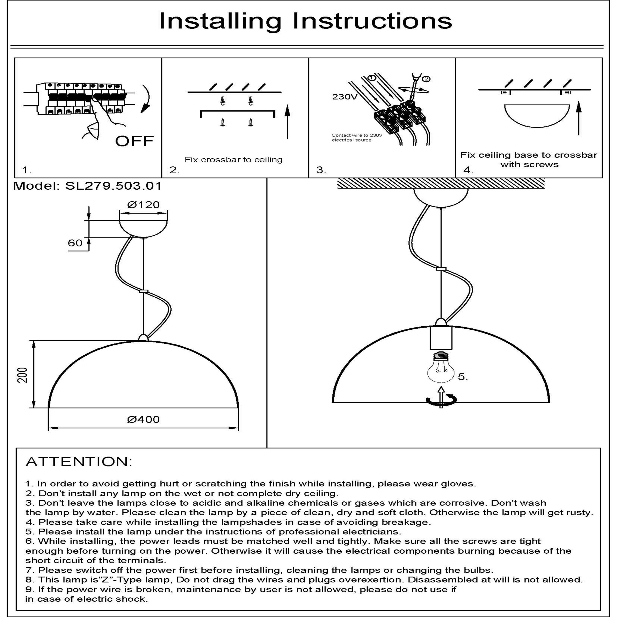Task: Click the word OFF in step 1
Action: pyautogui.click(x=135, y=141)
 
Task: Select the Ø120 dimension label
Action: pyautogui.click(x=143, y=204)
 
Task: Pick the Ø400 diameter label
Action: pyautogui.click(x=143, y=419)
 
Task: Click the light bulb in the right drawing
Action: pyautogui.click(x=441, y=369)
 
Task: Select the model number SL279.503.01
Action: pyautogui.click(x=113, y=186)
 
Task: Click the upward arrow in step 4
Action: pyautogui.click(x=579, y=118)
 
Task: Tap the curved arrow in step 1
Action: pyautogui.click(x=147, y=99)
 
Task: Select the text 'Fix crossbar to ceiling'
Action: pyautogui.click(x=233, y=160)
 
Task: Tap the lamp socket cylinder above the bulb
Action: pyautogui.click(x=441, y=337)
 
